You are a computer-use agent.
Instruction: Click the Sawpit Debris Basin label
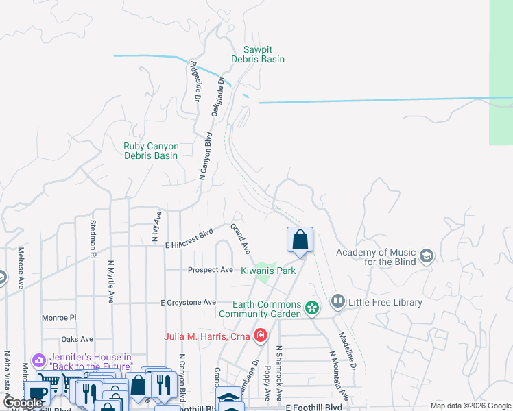[x=264, y=54]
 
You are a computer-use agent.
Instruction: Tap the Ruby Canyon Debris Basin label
[x=151, y=151]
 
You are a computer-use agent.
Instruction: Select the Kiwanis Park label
[x=268, y=271]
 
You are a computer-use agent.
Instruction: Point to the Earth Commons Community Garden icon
[x=312, y=308]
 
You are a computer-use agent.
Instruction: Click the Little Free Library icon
[x=337, y=301]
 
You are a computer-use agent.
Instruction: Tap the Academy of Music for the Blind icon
[x=427, y=257]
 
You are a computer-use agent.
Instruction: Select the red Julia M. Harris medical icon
[x=260, y=336]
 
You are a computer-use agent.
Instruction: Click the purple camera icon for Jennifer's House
[x=38, y=360]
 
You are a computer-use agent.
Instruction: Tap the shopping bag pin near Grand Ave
[x=300, y=240]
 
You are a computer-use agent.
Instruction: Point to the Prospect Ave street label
[x=211, y=270]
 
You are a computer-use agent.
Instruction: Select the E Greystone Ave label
[x=188, y=302]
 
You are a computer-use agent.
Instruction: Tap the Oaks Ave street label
[x=77, y=339]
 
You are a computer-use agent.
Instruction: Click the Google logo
[x=23, y=403]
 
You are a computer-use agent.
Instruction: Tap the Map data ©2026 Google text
[x=470, y=406]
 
